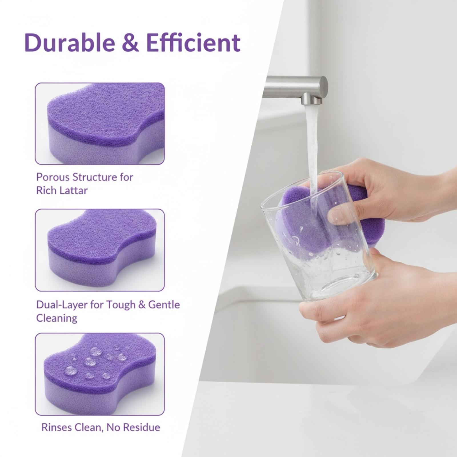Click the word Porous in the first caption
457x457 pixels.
[53, 177]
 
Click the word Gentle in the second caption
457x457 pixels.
[164, 305]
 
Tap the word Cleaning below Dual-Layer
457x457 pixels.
[57, 318]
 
